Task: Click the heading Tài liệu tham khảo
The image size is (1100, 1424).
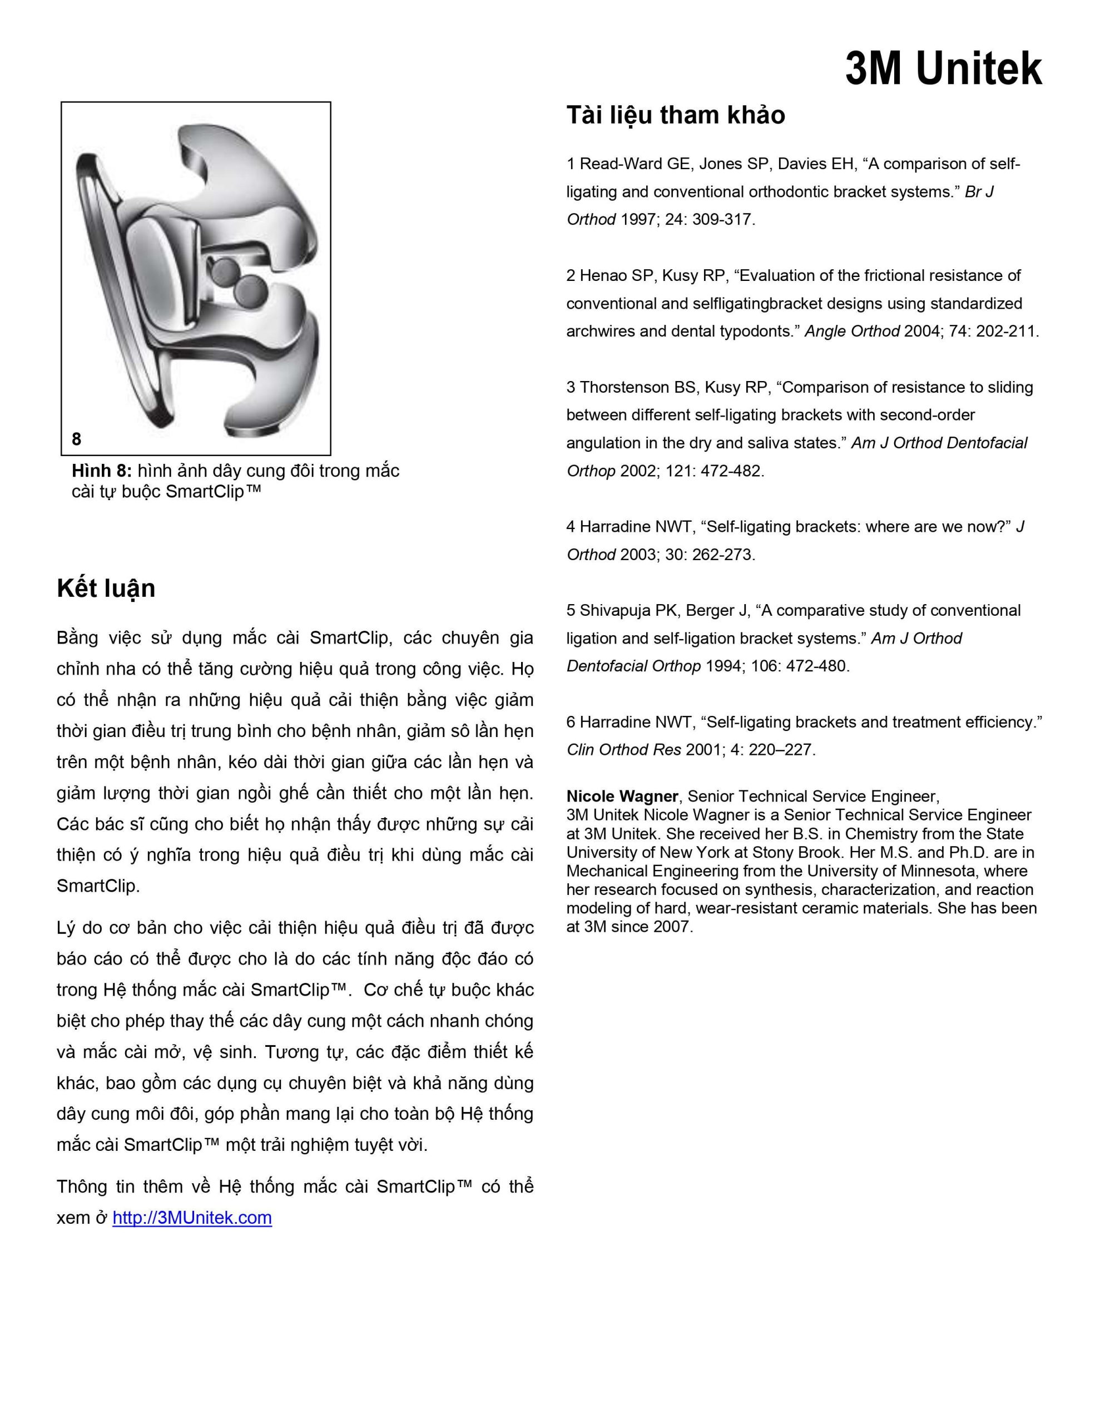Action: pyautogui.click(x=676, y=115)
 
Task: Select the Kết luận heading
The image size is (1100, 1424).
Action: pyautogui.click(x=106, y=588)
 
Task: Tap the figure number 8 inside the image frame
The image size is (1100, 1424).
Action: pyautogui.click(x=76, y=439)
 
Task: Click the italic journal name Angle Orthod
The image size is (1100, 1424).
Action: pyautogui.click(x=851, y=331)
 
